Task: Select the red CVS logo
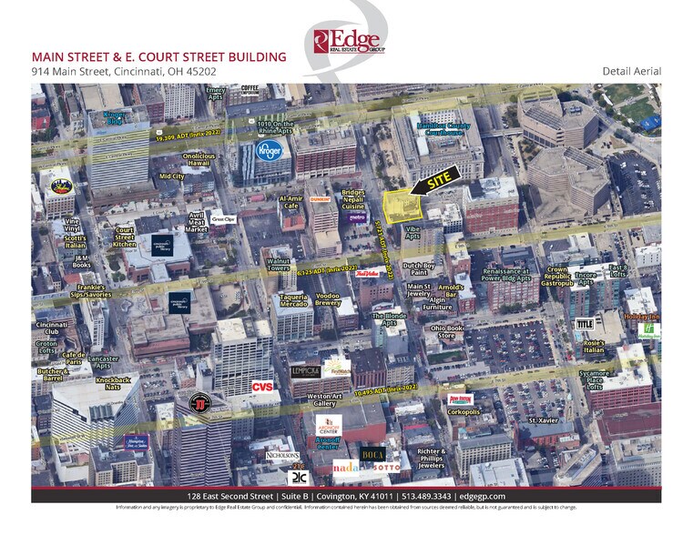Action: click(262, 386)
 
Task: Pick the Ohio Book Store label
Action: click(449, 331)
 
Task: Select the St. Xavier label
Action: click(545, 420)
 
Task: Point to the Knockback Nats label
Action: click(114, 383)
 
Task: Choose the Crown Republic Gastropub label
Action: click(556, 275)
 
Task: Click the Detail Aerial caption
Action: click(631, 71)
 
